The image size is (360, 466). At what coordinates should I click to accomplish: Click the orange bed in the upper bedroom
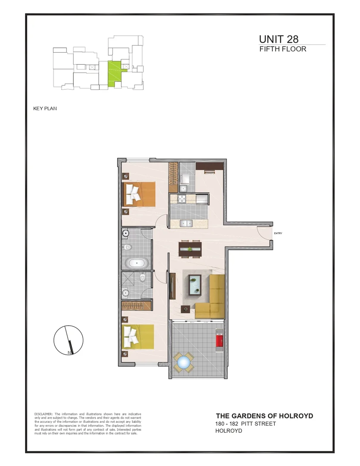click(139, 194)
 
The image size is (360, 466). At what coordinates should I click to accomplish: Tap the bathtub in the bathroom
click(136, 263)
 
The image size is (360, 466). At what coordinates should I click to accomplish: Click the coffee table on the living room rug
click(196, 284)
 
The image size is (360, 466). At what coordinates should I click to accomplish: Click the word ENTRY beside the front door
click(278, 233)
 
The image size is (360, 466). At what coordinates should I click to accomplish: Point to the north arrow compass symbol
click(68, 340)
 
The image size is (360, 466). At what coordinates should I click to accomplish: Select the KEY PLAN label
click(45, 109)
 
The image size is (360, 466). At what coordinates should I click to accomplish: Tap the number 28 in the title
click(291, 40)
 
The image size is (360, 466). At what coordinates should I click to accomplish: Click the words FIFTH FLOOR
click(283, 49)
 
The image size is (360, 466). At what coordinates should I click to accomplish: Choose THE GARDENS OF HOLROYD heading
click(264, 416)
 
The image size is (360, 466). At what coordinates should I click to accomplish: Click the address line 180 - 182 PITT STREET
click(245, 424)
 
